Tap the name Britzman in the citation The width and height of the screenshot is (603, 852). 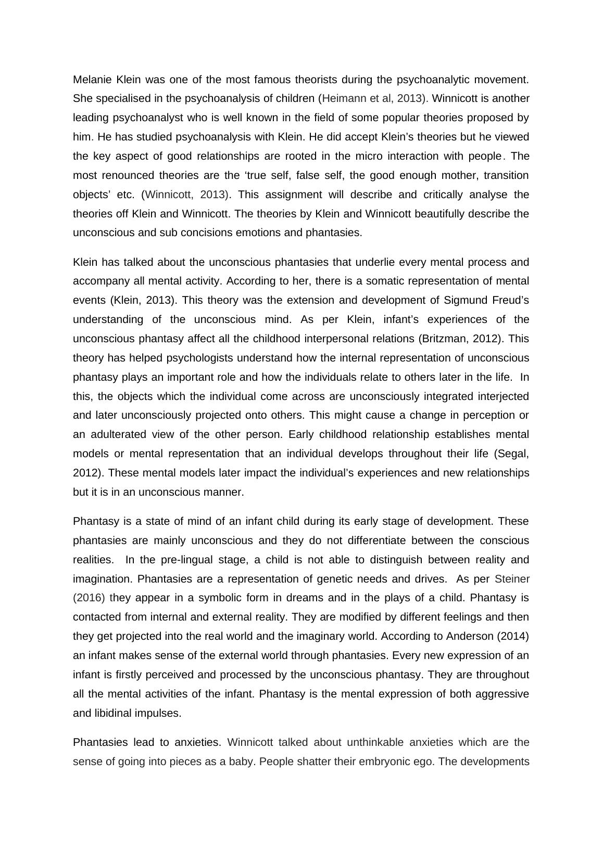(445, 339)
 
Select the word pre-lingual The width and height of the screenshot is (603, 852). (190, 560)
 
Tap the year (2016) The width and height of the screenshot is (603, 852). (89, 598)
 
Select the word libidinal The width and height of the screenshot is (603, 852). (113, 713)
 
